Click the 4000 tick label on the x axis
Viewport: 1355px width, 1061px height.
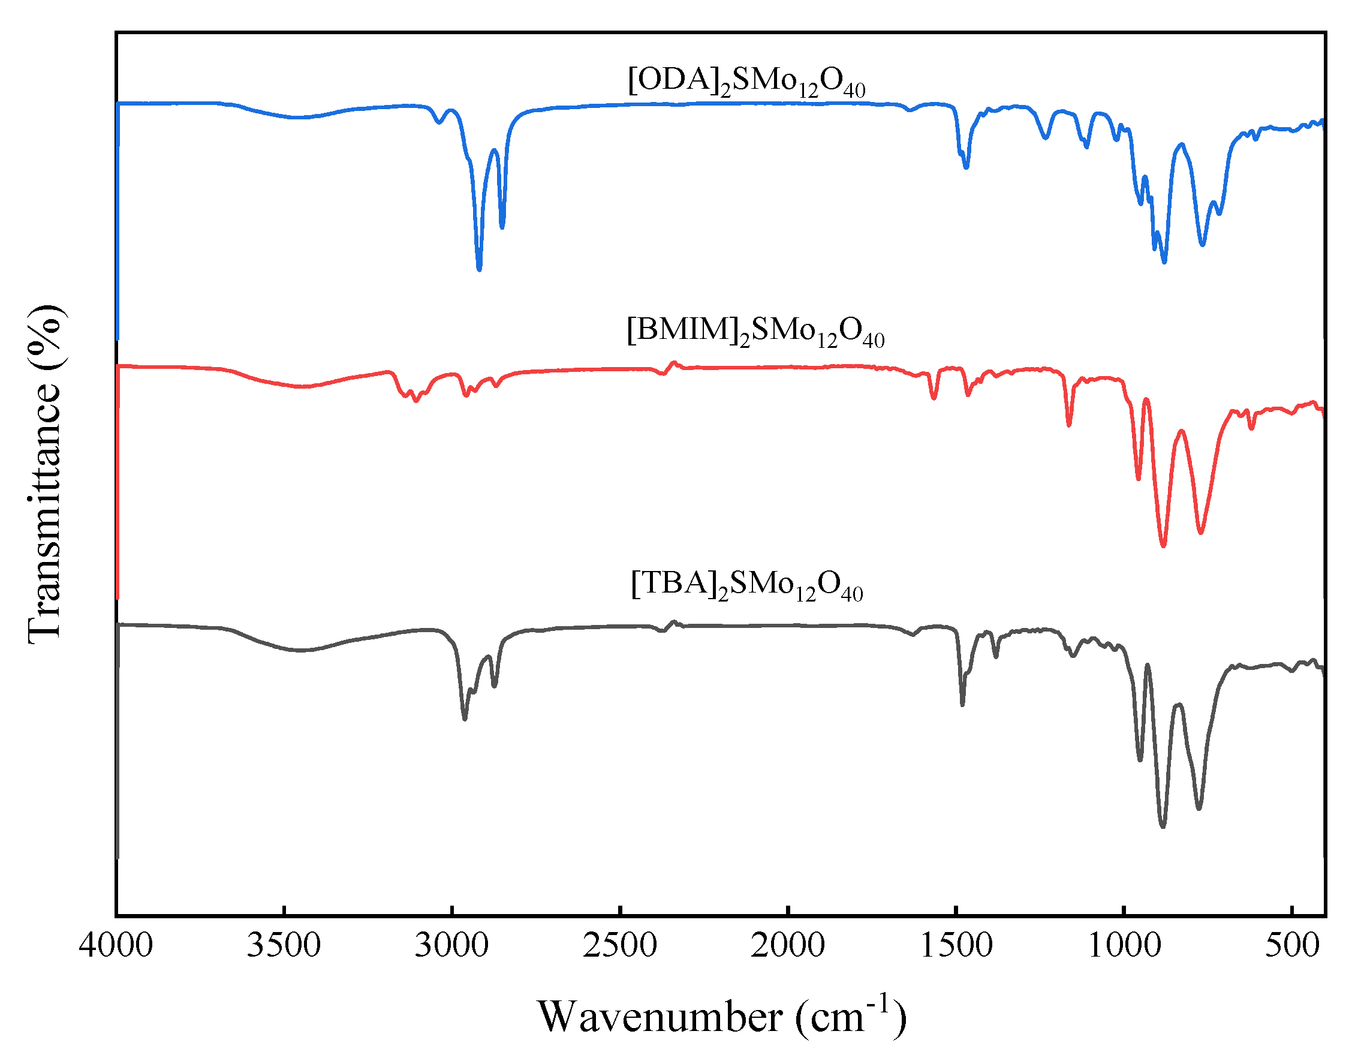click(116, 946)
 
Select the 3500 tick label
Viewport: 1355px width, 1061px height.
click(284, 946)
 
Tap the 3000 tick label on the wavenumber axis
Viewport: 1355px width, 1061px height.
click(451, 946)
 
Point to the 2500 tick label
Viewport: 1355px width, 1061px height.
click(620, 946)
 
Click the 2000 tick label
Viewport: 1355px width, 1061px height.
click(787, 946)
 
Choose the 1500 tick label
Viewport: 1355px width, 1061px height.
click(956, 946)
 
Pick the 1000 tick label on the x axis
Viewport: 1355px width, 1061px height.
click(1124, 946)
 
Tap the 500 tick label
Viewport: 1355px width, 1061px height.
click(1292, 946)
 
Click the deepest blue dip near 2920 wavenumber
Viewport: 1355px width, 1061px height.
click(479, 268)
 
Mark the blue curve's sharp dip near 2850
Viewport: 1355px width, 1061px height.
click(502, 227)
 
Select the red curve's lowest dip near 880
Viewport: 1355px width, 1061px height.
click(1163, 545)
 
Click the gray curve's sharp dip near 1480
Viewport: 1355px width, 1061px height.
click(962, 704)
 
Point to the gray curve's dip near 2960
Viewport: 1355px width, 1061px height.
click(465, 718)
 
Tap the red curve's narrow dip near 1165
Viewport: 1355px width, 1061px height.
click(1069, 425)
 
